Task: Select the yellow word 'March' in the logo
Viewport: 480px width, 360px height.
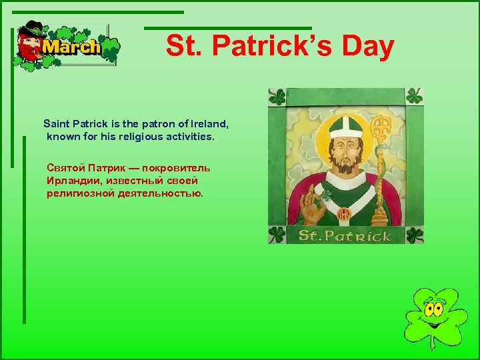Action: click(x=71, y=47)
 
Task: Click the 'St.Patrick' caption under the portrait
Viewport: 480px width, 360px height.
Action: click(x=345, y=235)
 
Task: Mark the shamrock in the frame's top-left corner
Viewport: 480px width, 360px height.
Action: click(x=277, y=97)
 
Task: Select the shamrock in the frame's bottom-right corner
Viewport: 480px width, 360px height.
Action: click(x=414, y=235)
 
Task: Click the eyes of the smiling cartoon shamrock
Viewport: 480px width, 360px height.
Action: click(x=434, y=308)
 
